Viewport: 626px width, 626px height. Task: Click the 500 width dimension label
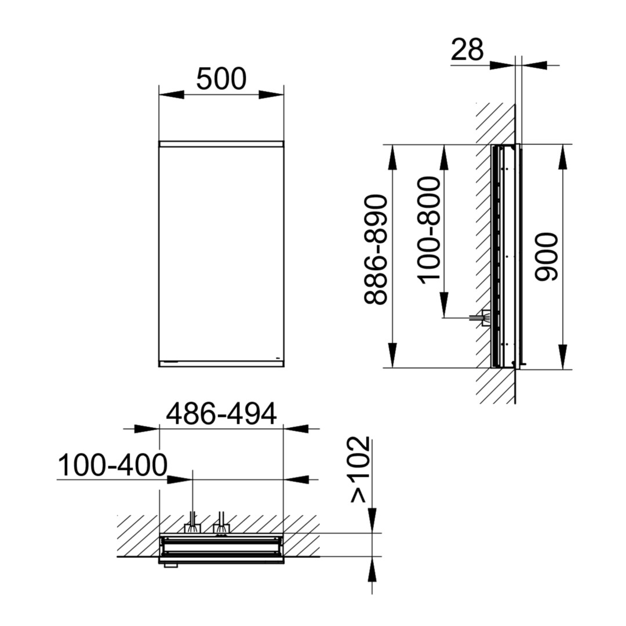(221, 79)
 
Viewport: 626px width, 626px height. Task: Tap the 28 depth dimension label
(467, 50)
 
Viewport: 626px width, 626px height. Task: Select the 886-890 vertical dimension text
(376, 249)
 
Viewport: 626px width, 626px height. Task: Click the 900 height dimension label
(547, 257)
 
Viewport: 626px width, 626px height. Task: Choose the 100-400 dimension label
(113, 465)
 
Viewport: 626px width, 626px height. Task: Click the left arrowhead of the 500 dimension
(172, 94)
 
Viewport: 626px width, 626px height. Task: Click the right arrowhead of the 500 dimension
(271, 94)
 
